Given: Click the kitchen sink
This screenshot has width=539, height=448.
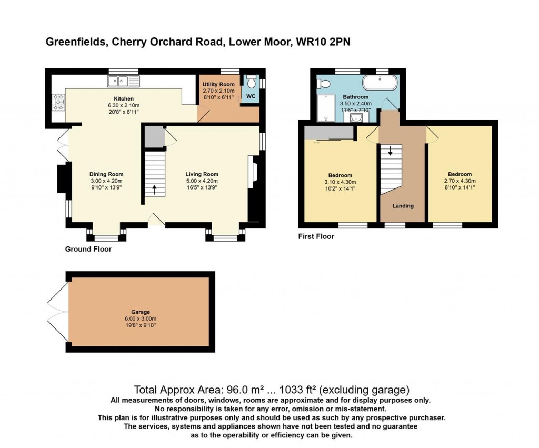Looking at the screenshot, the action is (124, 81).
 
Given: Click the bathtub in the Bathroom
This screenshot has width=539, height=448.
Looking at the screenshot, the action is (380, 83).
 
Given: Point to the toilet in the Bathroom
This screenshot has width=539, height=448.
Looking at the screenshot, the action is (324, 84).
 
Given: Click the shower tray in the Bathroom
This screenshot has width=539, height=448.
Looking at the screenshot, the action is (326, 108).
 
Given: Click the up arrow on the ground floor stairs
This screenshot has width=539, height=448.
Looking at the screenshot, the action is (154, 190).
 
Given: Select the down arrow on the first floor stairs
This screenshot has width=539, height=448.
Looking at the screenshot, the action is (390, 151).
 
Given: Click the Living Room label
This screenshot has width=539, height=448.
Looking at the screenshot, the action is (202, 174).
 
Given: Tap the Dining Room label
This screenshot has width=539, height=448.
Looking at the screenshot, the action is (106, 174).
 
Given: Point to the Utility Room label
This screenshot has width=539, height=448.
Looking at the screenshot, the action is (218, 84).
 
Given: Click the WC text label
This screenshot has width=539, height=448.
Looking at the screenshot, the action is (251, 96).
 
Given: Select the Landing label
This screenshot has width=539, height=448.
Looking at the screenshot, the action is (403, 206).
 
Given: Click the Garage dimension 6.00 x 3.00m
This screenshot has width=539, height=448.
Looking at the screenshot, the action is (141, 318).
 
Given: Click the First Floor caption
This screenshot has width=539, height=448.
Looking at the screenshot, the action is (316, 236).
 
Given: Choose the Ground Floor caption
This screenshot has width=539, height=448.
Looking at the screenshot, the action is (88, 250).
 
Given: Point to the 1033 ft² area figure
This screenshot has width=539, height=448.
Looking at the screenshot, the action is (298, 390).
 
